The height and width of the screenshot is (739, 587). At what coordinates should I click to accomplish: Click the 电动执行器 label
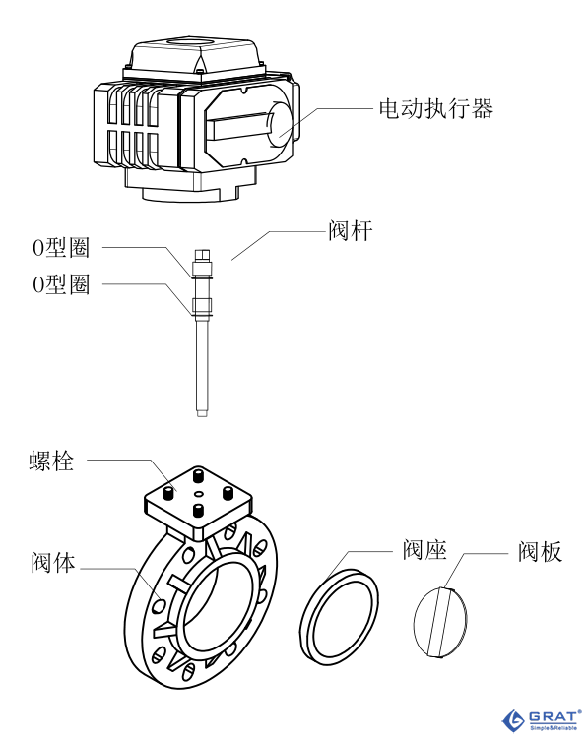(x=435, y=108)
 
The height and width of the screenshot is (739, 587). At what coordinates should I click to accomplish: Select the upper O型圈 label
(x=61, y=247)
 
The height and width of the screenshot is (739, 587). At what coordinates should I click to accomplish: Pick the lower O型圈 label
(x=61, y=284)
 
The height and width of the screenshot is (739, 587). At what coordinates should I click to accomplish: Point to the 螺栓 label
(x=51, y=460)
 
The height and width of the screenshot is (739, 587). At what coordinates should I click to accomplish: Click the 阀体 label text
(x=53, y=566)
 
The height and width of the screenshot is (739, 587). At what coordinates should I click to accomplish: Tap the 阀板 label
(x=541, y=551)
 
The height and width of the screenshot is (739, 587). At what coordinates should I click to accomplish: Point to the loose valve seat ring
(x=339, y=617)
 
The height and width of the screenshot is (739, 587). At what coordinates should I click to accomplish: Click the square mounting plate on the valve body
(x=197, y=499)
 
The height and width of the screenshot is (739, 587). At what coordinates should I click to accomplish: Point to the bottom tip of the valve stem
(x=201, y=411)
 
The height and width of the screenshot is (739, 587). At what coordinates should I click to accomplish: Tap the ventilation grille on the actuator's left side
(x=132, y=128)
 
